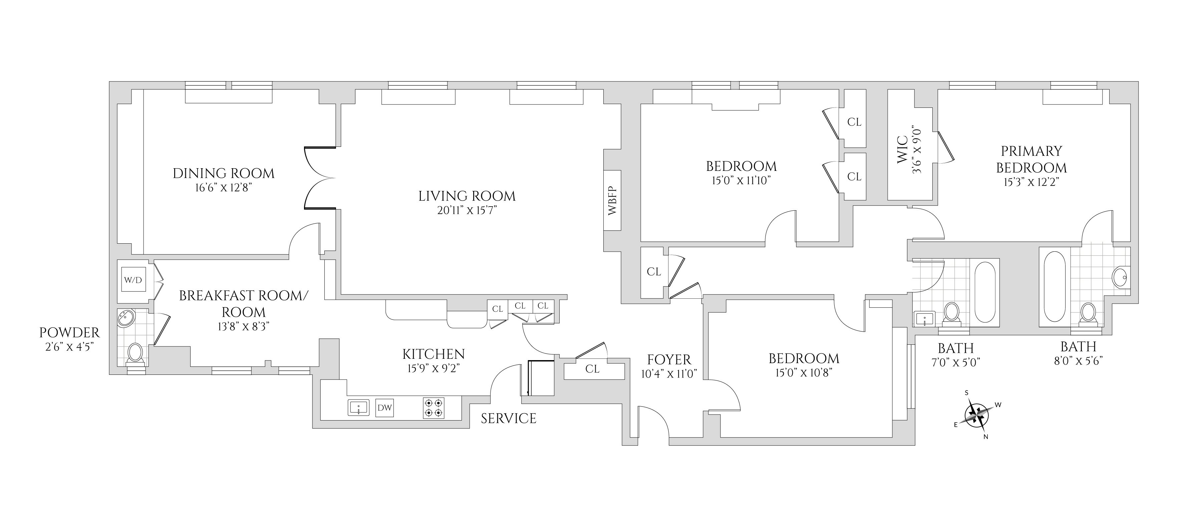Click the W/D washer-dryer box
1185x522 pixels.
click(133, 279)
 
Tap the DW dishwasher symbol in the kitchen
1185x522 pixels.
click(384, 408)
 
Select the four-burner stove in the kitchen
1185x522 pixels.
click(433, 408)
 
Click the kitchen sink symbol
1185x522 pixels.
click(359, 408)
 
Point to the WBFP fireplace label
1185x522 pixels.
click(612, 201)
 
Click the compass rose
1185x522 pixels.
click(976, 415)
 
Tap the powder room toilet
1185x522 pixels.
click(135, 353)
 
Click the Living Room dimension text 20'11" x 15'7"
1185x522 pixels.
click(467, 211)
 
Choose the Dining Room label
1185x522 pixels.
click(224, 173)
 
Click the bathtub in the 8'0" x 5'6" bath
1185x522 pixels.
click(1055, 286)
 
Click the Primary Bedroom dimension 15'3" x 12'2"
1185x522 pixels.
click(1031, 182)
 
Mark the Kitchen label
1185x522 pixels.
click(433, 354)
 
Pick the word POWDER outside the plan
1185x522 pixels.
click(69, 332)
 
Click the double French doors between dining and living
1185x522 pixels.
click(319, 178)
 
